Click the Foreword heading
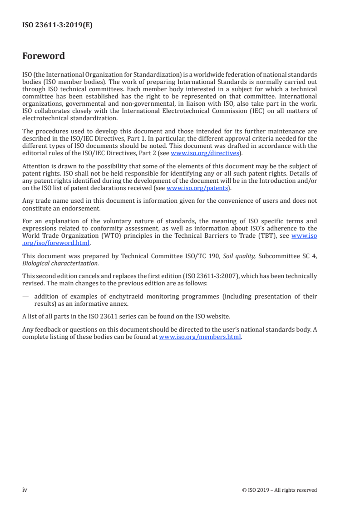tap(44, 56)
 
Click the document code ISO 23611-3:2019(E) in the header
tap(57, 25)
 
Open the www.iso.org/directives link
tap(204, 153)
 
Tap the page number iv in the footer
tap(25, 489)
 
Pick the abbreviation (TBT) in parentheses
tap(267, 235)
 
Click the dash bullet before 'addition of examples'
tap(25, 297)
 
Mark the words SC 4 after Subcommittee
tap(309, 256)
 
